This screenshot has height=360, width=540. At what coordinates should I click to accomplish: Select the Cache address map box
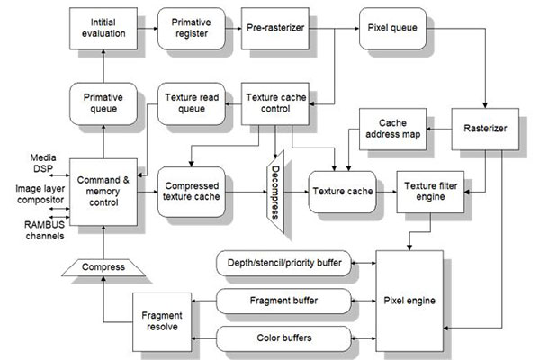click(x=393, y=127)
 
